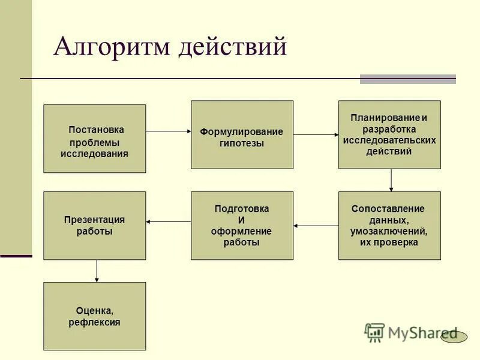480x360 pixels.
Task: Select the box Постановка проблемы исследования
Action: (94, 139)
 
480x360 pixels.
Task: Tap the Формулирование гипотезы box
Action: (242, 134)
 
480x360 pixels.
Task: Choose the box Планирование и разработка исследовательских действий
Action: (389, 134)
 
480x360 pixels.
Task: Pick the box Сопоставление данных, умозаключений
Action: (389, 226)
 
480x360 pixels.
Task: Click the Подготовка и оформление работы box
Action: (242, 226)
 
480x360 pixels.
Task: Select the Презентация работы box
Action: (94, 226)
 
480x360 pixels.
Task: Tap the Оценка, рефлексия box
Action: (94, 316)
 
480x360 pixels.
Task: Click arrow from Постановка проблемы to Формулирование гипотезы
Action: (168, 131)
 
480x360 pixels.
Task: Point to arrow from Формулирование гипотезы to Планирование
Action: (316, 135)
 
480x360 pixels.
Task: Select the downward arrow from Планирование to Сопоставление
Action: (391, 180)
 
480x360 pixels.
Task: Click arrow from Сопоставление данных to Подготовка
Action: (316, 226)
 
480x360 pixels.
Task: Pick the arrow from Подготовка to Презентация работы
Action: (168, 222)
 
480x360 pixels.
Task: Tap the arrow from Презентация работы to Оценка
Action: (97, 271)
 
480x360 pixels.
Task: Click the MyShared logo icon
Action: (374, 332)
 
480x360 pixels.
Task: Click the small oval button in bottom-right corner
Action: (454, 337)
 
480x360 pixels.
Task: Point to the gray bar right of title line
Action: (407, 79)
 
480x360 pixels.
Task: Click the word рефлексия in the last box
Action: (94, 322)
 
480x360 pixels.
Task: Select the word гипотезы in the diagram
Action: (241, 143)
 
